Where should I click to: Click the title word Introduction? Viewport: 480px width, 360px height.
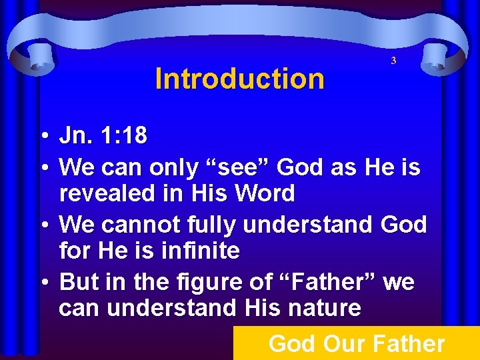pyautogui.click(x=239, y=79)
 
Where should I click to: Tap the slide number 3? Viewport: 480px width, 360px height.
pyautogui.click(x=393, y=61)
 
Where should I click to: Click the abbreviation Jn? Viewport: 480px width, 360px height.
pyautogui.click(x=75, y=137)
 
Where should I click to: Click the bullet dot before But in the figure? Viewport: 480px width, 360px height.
pyautogui.click(x=42, y=283)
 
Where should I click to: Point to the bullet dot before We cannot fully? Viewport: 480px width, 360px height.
pyautogui.click(x=42, y=225)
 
